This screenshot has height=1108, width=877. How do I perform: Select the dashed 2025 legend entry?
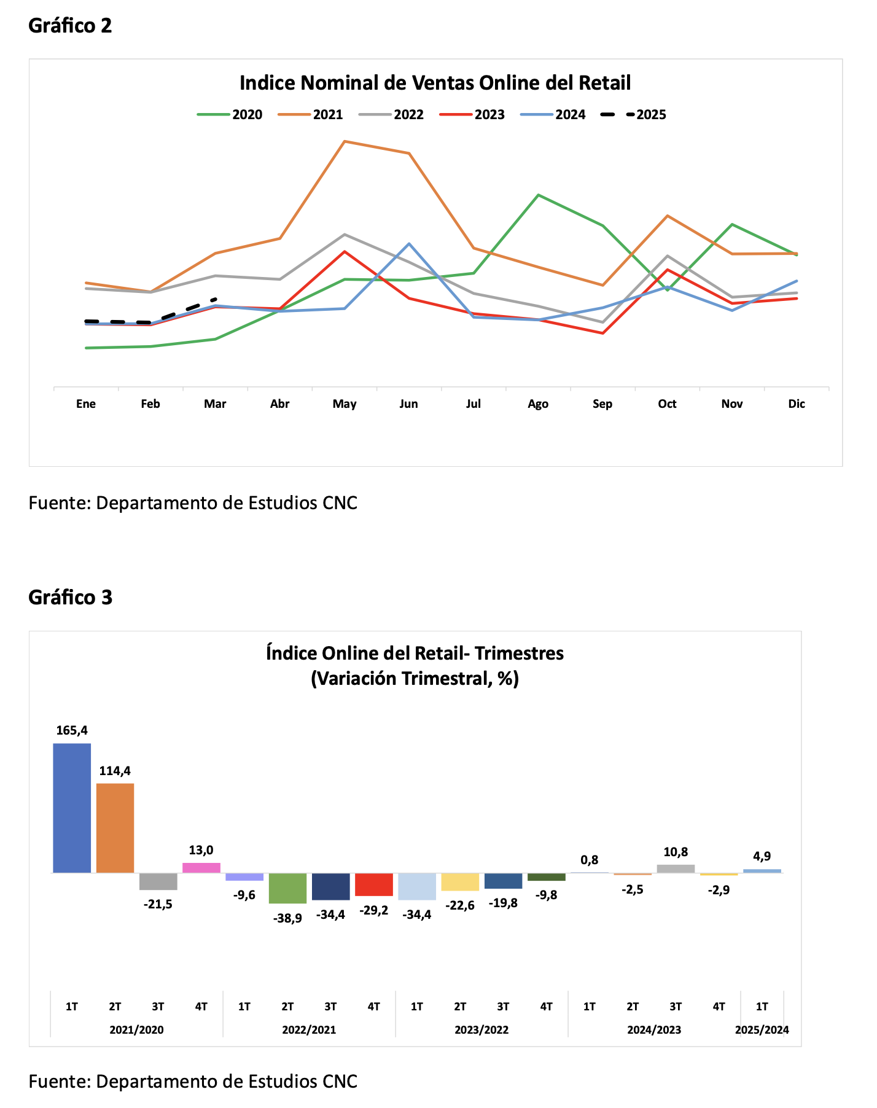tap(633, 115)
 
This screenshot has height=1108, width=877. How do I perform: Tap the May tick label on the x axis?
tap(345, 404)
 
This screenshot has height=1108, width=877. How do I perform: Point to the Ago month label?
tap(538, 404)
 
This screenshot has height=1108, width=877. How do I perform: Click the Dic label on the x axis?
tap(797, 404)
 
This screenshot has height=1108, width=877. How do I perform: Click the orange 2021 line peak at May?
tap(345, 141)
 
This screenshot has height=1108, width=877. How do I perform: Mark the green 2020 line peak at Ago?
tap(538, 195)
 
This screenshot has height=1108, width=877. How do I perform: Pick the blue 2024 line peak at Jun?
tap(409, 244)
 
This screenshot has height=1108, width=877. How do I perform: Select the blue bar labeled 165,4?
tap(72, 808)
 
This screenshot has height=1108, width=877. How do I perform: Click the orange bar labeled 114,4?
tap(115, 828)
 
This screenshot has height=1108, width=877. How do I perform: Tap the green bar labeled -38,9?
tap(287, 888)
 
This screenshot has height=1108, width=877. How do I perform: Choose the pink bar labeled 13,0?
tap(201, 868)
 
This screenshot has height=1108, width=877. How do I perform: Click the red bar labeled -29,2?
tap(374, 884)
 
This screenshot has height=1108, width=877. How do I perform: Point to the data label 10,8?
tap(676, 852)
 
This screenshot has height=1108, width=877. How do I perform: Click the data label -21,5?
tap(158, 904)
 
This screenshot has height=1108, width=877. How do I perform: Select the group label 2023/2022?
tap(481, 1030)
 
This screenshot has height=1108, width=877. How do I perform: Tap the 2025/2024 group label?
tap(762, 1030)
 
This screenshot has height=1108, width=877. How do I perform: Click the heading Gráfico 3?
tap(71, 597)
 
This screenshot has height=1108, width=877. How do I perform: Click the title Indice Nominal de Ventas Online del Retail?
tap(435, 83)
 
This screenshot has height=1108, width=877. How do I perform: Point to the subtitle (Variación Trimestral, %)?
tap(415, 679)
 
